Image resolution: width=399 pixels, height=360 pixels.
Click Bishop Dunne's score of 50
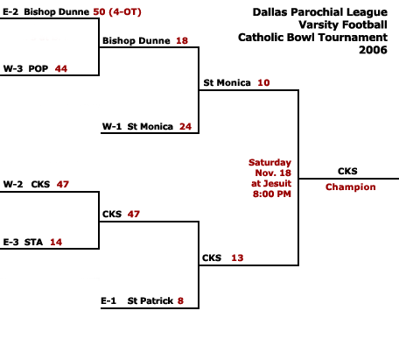click(99, 12)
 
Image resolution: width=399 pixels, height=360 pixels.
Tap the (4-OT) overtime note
click(125, 12)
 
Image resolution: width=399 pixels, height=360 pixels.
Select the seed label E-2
click(10, 12)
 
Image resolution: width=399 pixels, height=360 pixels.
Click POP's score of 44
click(61, 69)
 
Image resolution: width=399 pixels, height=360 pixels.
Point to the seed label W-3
click(13, 69)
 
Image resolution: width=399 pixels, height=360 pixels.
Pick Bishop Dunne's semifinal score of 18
click(182, 40)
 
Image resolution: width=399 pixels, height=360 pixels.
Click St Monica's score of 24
click(185, 126)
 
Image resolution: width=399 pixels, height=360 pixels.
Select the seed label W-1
click(112, 126)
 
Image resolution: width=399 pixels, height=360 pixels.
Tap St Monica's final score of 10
click(263, 83)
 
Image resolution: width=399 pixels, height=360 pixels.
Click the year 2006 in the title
click(373, 50)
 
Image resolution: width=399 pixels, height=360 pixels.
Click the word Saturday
click(269, 162)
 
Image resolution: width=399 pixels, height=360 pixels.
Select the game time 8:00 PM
click(272, 194)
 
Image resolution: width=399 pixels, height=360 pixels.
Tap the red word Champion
click(351, 187)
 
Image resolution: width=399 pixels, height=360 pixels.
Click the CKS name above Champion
click(347, 171)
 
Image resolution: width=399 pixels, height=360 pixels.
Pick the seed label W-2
click(13, 184)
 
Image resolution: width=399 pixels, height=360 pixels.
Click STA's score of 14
click(56, 242)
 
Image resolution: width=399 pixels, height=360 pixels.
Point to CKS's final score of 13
click(237, 258)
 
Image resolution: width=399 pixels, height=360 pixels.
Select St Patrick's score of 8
click(180, 300)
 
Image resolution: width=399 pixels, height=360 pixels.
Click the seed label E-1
click(108, 300)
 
